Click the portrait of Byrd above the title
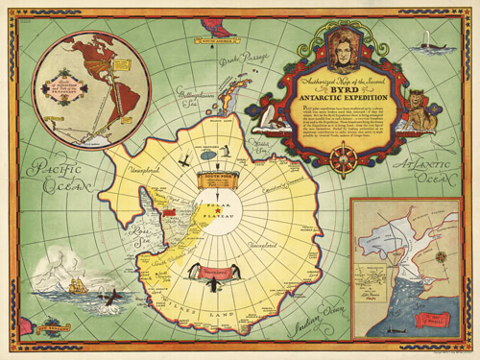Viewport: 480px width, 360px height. coord(319,47)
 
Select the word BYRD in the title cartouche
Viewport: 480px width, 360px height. coord(320,84)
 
